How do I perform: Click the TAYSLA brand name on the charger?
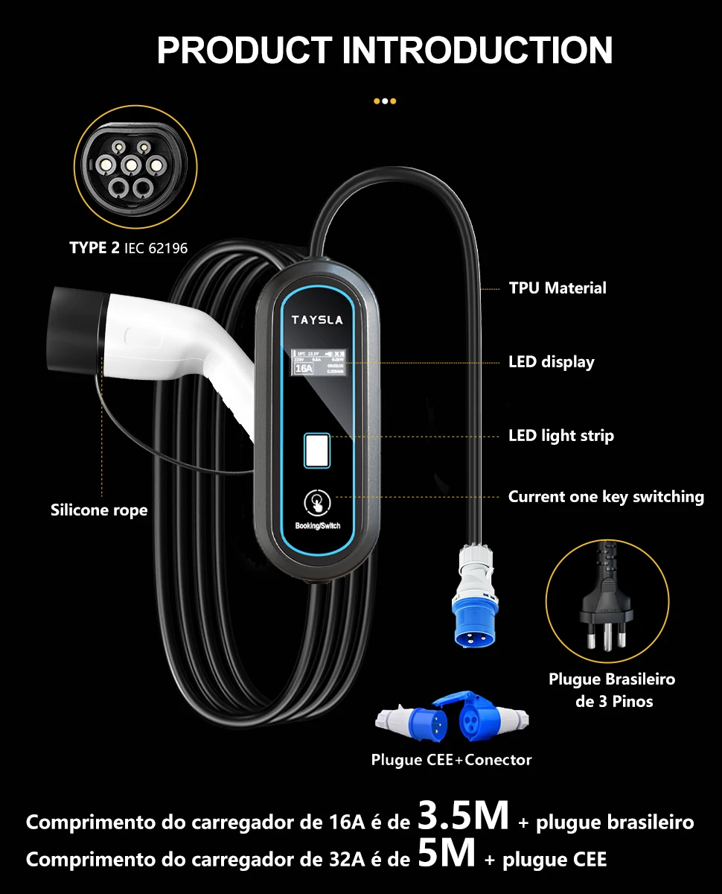317,320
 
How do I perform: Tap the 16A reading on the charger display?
304,368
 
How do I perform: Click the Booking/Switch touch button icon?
317,502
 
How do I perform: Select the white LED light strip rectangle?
316,451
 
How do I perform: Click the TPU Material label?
558,288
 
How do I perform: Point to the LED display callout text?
551,362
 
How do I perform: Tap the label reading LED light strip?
560,436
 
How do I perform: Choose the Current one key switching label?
606,497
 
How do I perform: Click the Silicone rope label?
99,510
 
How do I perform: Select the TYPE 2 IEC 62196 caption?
129,248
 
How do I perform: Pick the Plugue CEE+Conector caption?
451,760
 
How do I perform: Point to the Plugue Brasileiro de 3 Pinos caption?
612,690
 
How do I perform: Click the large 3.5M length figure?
463,817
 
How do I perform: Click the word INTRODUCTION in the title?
476,50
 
